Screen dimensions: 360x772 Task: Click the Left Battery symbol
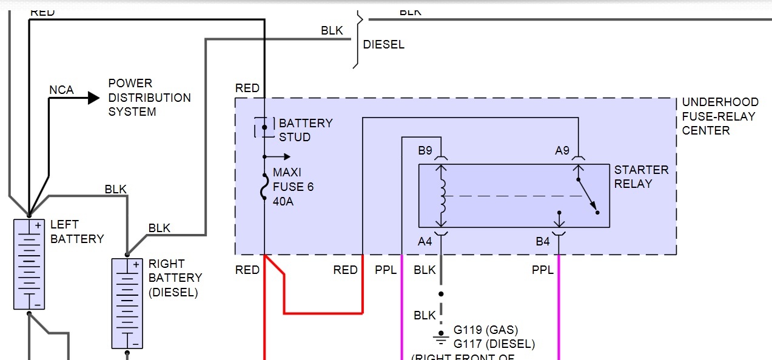pyautogui.click(x=29, y=264)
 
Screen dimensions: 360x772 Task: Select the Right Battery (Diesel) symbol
pyautogui.click(x=127, y=303)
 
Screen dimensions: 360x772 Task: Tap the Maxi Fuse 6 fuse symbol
pyautogui.click(x=264, y=187)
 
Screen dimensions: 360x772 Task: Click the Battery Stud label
pyautogui.click(x=305, y=130)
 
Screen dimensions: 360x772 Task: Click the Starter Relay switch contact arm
pyautogui.click(x=587, y=194)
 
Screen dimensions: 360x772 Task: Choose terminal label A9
pyautogui.click(x=562, y=150)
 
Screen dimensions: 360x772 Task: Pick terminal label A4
pyautogui.click(x=425, y=241)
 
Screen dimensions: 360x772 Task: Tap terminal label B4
pyautogui.click(x=542, y=241)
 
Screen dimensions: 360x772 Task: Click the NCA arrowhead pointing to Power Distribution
pyautogui.click(x=93, y=97)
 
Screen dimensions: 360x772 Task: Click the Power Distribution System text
pyautogui.click(x=149, y=97)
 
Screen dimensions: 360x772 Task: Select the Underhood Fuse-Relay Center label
pyautogui.click(x=719, y=116)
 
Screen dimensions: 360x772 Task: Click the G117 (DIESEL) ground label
pyautogui.click(x=494, y=344)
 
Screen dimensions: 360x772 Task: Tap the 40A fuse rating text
pyautogui.click(x=283, y=201)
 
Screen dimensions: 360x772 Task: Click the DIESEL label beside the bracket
pyautogui.click(x=383, y=45)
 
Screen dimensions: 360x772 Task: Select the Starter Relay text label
pyautogui.click(x=641, y=176)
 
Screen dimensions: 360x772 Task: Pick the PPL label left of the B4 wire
pyautogui.click(x=543, y=270)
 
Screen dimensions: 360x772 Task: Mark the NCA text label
pyautogui.click(x=61, y=90)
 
